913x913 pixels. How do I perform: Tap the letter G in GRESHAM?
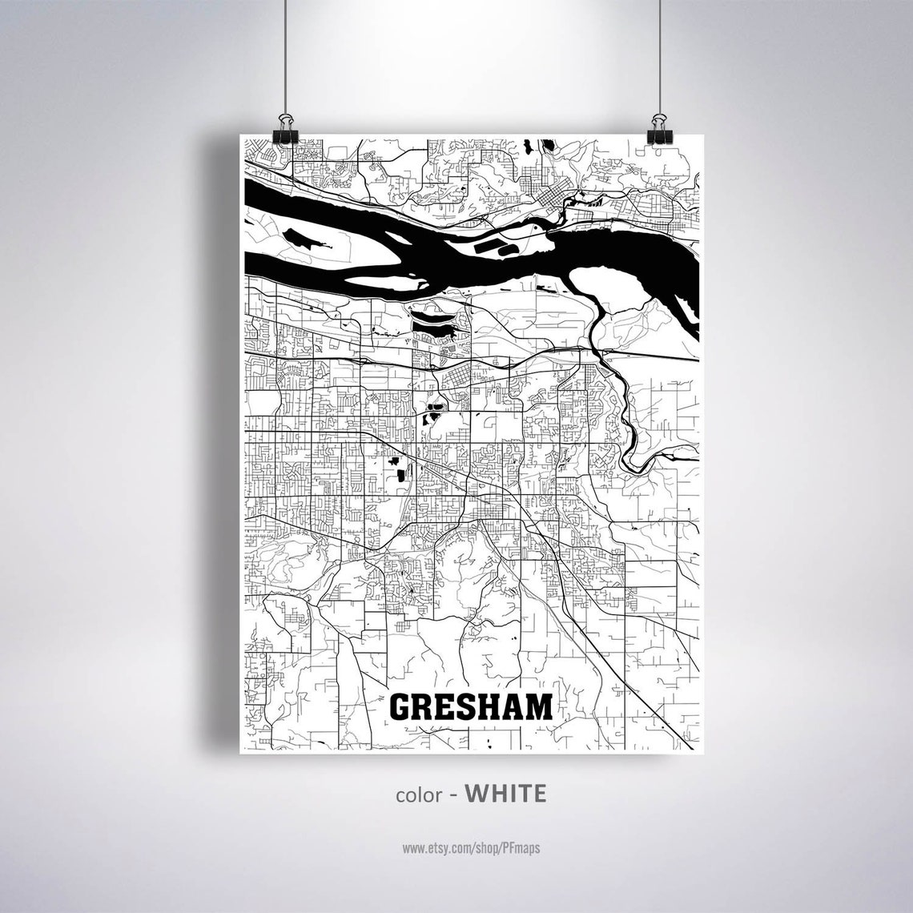pyautogui.click(x=401, y=707)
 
